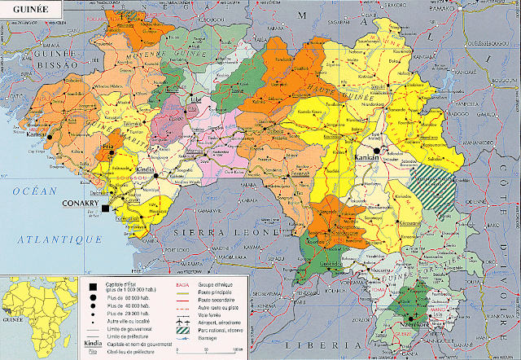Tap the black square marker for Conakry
[x=105, y=209]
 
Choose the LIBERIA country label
[x=330, y=345]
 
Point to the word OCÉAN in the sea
[x=35, y=191]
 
